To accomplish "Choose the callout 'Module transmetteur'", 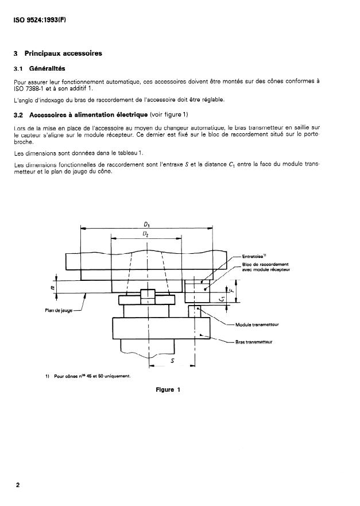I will point(257,325).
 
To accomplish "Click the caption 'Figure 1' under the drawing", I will point(168,390).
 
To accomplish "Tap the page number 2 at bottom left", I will point(18,484).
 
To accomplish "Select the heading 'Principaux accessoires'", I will point(63,53).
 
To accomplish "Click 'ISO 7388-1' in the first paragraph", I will point(29,88).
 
